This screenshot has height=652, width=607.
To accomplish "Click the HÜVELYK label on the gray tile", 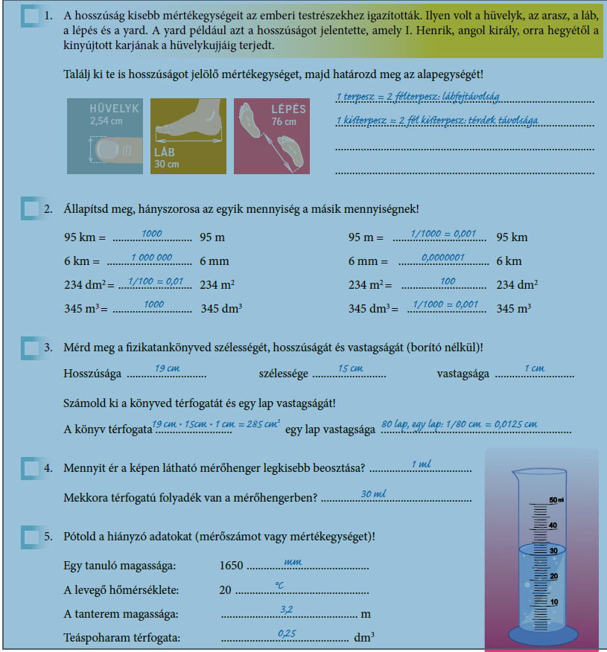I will tap(114, 109).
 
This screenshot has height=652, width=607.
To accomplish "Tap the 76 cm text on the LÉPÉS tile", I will tap(283, 121).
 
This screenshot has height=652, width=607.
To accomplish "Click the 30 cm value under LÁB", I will tap(167, 164).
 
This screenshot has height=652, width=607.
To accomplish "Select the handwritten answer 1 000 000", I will tap(151, 258).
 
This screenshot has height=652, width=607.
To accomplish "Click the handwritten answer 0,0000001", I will tap(442, 258).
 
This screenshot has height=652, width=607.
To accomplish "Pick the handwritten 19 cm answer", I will tap(168, 368).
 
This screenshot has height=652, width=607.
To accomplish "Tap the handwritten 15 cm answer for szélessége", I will tap(350, 368).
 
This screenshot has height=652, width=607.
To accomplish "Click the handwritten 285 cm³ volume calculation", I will tap(216, 425).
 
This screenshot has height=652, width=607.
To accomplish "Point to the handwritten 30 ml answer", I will tap(373, 494).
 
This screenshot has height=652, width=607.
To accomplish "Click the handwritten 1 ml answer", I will tap(421, 464).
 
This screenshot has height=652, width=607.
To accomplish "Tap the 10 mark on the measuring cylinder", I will tap(553, 601).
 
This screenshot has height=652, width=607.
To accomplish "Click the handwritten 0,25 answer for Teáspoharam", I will tap(286, 633).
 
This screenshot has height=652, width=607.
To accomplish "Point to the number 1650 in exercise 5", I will tap(232, 566).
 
